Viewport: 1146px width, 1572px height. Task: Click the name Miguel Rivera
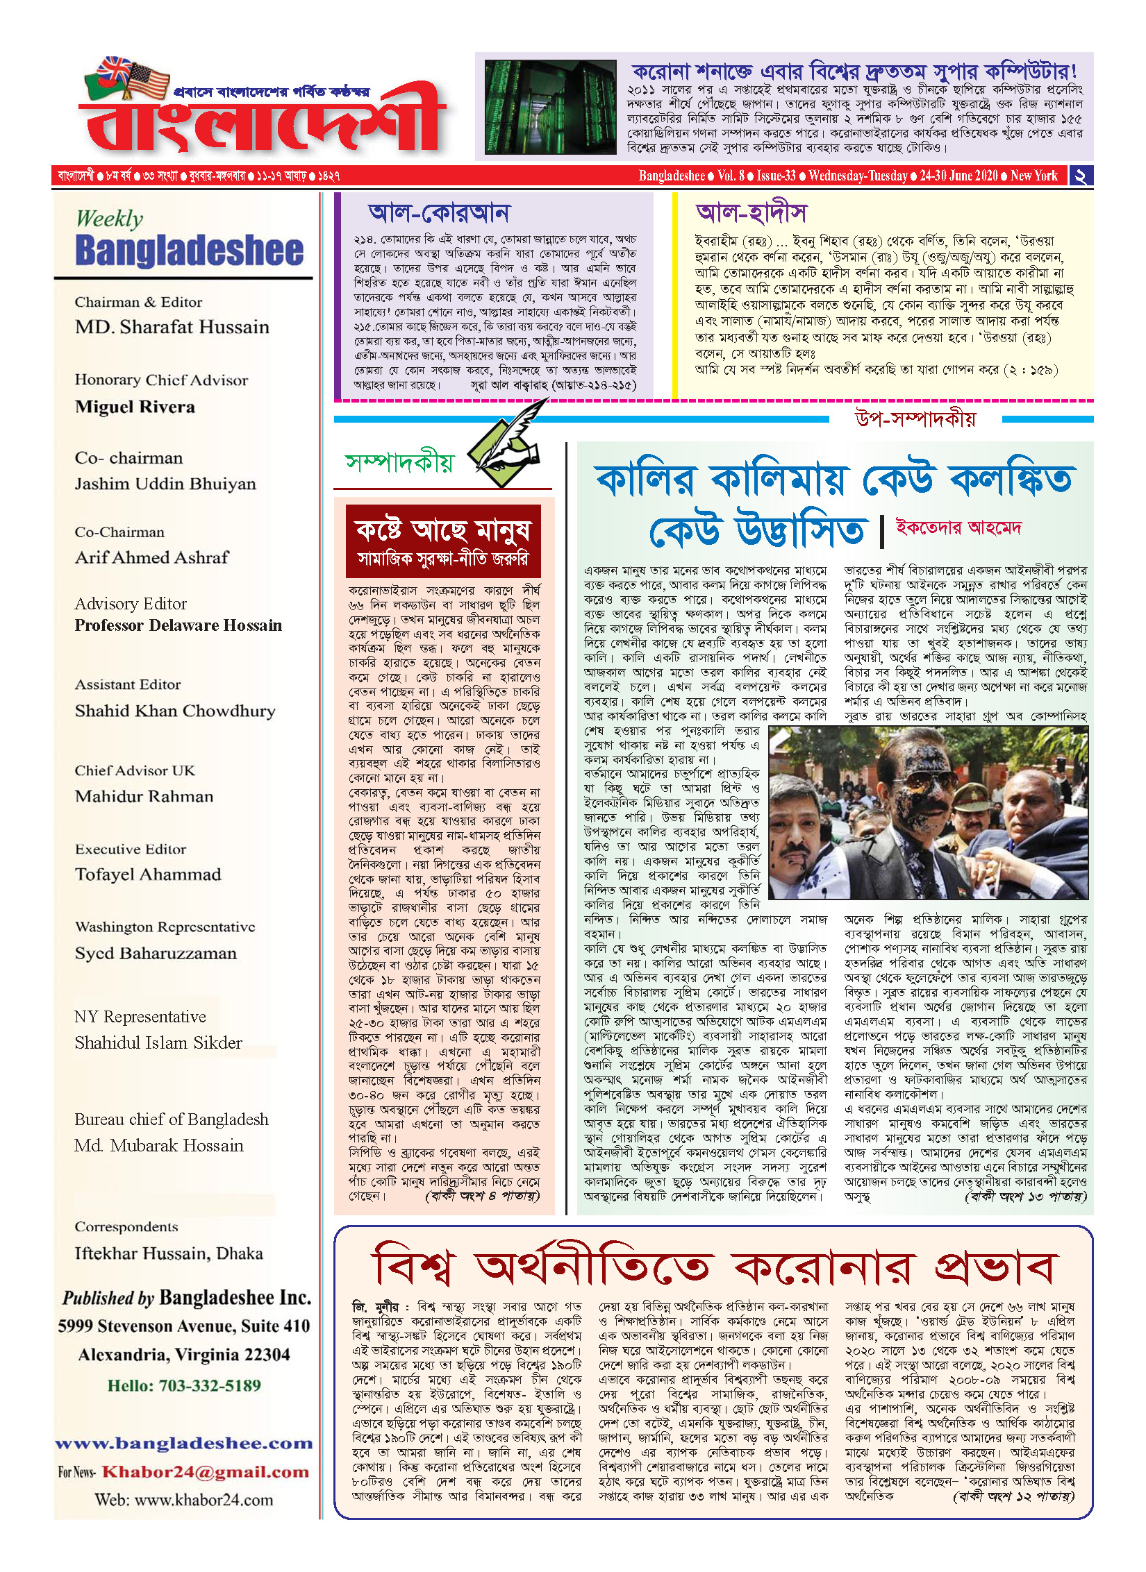pos(135,407)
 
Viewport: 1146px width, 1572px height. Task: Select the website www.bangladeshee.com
pos(184,1444)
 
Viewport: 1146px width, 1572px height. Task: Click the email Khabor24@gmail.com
pos(205,1472)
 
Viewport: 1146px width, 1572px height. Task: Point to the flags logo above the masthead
pos(127,77)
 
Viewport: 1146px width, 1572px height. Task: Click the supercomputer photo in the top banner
pos(550,106)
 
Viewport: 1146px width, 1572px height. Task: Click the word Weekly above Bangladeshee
pos(109,219)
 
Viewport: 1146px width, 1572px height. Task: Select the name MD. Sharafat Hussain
pos(172,327)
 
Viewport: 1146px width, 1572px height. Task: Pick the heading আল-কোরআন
pos(439,212)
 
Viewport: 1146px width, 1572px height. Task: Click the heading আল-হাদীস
pos(751,212)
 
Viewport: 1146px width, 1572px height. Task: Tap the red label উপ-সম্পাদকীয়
pos(915,419)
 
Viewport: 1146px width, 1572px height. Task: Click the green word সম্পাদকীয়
pos(399,462)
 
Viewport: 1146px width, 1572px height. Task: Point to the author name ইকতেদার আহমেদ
pos(958,527)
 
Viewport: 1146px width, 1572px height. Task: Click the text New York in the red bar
pos(1033,176)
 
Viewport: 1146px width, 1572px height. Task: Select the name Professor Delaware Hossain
pos(178,625)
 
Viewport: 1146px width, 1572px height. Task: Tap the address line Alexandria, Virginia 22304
pos(184,1355)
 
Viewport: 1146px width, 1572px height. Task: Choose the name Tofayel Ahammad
pos(148,874)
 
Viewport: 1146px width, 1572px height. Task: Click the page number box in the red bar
pos(1080,176)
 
